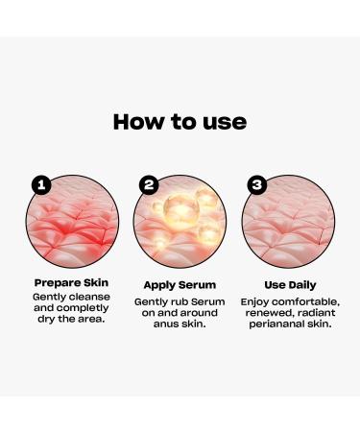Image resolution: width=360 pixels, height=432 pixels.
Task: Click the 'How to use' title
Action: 180,122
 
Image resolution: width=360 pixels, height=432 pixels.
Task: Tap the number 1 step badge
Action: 40,184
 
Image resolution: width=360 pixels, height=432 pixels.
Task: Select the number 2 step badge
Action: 148,184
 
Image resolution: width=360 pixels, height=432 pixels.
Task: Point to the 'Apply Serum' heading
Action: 180,285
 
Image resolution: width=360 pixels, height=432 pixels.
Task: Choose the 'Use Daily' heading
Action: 289,284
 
